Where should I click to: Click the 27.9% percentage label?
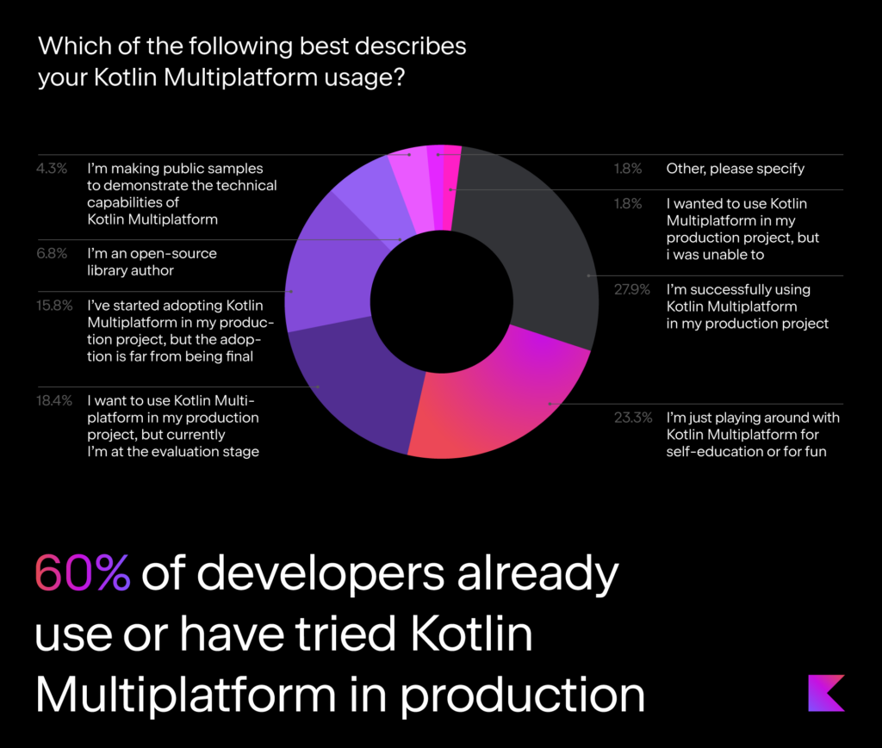[626, 290]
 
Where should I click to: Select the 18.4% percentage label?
[49, 400]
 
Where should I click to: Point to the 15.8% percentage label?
[49, 306]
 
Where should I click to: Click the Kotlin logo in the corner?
[826, 693]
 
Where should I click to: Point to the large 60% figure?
[82, 572]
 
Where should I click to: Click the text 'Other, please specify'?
[735, 169]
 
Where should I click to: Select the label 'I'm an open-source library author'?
[152, 262]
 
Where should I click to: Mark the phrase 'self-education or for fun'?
[746, 452]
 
